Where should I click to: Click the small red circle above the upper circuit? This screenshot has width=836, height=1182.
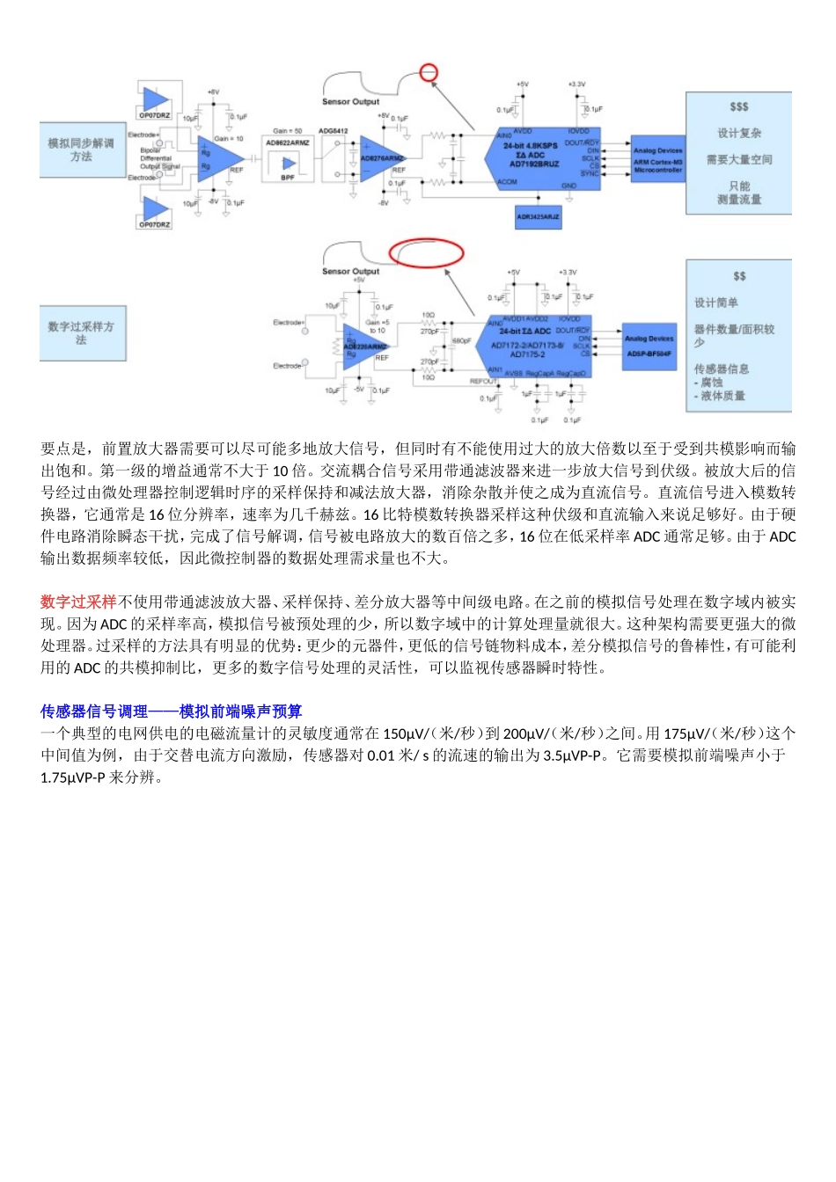[x=429, y=72]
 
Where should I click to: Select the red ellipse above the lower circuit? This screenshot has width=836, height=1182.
[x=426, y=252]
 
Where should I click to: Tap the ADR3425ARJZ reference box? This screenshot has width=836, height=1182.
[x=538, y=215]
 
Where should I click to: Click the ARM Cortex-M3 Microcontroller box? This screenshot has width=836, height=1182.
[x=657, y=160]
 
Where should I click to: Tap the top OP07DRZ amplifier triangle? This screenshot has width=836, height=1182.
[x=155, y=100]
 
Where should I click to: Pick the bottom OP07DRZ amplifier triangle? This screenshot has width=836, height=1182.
[x=155, y=209]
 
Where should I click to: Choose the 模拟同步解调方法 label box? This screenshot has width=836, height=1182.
[x=81, y=150]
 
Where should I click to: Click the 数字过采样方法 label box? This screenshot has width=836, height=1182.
[x=81, y=332]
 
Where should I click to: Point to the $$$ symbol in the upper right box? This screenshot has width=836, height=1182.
[x=739, y=107]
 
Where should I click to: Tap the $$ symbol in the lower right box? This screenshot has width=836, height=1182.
[x=739, y=276]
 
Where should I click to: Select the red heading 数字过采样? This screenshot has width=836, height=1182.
[x=78, y=602]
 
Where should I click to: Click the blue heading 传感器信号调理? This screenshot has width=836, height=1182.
[x=94, y=711]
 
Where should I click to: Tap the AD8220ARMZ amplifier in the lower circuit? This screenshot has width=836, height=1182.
[x=363, y=347]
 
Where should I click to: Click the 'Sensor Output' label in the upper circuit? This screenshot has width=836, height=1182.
[x=350, y=102]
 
